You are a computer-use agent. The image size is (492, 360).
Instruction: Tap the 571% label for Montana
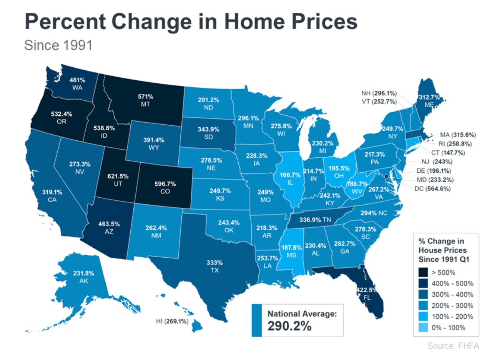coord(146,96)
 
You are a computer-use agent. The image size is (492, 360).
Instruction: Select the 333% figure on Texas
coord(214,263)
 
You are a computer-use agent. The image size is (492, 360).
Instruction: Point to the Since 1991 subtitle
coord(58,45)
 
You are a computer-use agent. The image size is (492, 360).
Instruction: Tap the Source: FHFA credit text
coord(453,346)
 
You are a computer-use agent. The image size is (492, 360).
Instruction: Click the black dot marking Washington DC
coord(386,176)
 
